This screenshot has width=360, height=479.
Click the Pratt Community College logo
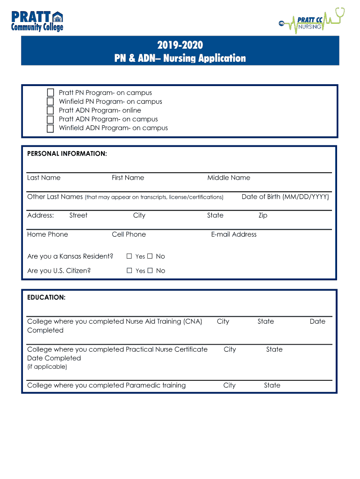[x=37, y=21]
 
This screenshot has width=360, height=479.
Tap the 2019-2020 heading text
[x=180, y=45]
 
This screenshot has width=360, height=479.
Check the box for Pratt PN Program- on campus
[x=50, y=93]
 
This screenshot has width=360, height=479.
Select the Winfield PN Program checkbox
[x=50, y=102]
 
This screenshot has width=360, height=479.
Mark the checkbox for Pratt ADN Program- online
[x=50, y=110]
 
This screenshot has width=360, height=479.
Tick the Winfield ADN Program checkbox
[x=50, y=128]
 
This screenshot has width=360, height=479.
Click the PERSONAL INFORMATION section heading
[x=67, y=153]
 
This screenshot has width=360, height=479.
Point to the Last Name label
[x=44, y=178]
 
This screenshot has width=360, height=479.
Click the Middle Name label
[x=229, y=178]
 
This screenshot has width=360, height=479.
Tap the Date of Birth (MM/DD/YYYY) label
[x=285, y=196]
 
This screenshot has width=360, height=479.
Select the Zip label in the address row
[x=263, y=216]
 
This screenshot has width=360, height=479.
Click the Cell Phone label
[x=129, y=234]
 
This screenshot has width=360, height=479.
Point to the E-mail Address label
[x=234, y=234]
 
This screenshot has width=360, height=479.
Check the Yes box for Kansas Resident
[x=130, y=256]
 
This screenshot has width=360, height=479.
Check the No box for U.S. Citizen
[x=150, y=270]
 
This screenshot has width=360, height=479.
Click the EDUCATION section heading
[x=46, y=298]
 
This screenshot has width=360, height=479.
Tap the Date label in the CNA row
[x=317, y=321]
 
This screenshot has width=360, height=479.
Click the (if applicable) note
[x=47, y=367]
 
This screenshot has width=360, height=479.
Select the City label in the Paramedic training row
[x=229, y=385]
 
